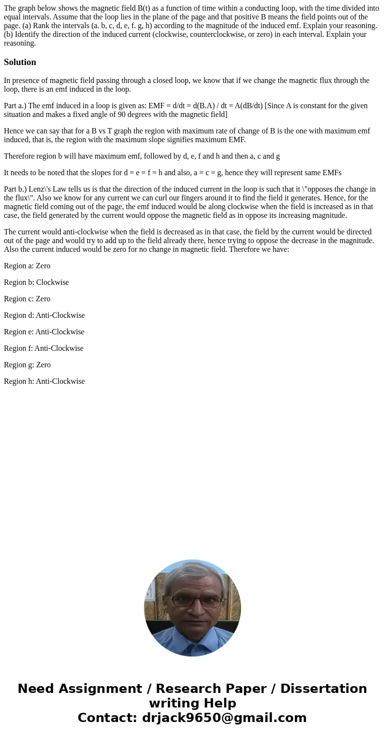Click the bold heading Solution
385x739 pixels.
[20, 62]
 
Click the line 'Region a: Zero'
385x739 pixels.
[27, 266]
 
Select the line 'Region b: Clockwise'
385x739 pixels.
[36, 282]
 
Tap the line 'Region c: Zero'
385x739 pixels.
[27, 299]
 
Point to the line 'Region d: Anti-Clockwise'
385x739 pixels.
[44, 315]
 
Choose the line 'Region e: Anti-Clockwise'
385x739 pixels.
[44, 332]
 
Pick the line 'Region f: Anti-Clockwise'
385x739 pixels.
[44, 348]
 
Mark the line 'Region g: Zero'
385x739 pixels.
[27, 365]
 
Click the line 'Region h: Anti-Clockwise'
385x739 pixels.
[44, 381]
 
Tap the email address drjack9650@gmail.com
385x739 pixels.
[224, 718]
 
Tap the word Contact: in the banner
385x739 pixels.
[108, 718]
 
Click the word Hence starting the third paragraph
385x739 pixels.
[14, 131]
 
